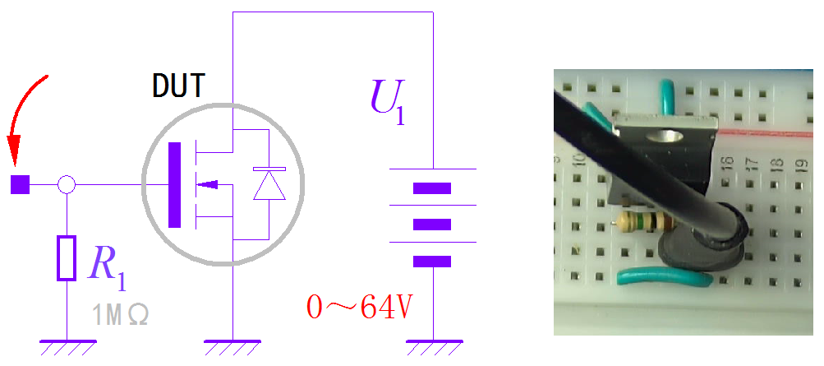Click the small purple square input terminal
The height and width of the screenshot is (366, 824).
[x=19, y=185]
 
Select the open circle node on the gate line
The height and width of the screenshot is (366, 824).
[x=67, y=185]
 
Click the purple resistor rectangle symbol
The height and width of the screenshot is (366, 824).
[x=67, y=257]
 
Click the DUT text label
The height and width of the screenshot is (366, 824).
[x=177, y=86]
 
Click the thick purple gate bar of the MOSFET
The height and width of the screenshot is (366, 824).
[x=173, y=185]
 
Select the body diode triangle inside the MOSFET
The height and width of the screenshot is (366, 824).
[x=269, y=185]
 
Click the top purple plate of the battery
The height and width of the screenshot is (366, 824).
[x=432, y=188]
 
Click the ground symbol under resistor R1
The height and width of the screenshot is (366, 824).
[x=67, y=345]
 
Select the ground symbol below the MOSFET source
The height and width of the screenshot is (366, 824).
[x=232, y=345]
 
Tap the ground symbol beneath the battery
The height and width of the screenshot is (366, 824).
[x=432, y=345]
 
